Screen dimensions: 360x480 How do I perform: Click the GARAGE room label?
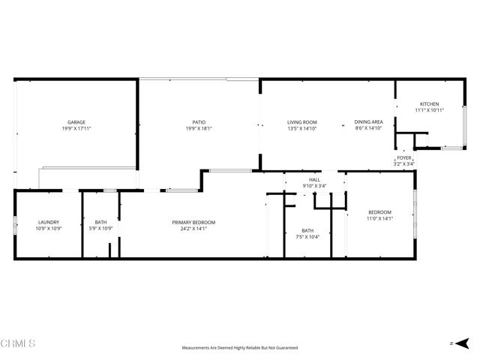tap(76, 122)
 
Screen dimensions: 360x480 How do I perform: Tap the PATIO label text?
tap(199, 122)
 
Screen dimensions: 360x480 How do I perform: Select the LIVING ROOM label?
tap(302, 122)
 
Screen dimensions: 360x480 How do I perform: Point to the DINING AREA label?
tap(368, 122)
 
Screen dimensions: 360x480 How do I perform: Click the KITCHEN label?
tap(429, 104)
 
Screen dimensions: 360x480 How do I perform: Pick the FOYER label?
tap(404, 157)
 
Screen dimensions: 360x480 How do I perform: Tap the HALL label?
tap(314, 180)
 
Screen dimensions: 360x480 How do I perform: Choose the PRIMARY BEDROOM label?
tap(194, 223)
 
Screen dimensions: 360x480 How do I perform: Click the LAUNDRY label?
tap(49, 223)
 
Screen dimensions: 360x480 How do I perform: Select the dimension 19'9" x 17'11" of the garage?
tap(76, 128)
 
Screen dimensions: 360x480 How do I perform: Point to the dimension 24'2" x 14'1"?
tap(194, 229)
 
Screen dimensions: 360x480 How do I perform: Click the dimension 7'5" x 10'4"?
tap(307, 237)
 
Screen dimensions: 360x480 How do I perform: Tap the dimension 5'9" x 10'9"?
tap(100, 229)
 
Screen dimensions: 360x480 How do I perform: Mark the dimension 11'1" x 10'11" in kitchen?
tap(429, 110)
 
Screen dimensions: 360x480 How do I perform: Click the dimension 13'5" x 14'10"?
tap(302, 128)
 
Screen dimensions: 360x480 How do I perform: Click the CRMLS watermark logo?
tap(19, 343)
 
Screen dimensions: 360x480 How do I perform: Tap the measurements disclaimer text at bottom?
tap(240, 348)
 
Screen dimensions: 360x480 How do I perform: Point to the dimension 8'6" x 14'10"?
tap(368, 128)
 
